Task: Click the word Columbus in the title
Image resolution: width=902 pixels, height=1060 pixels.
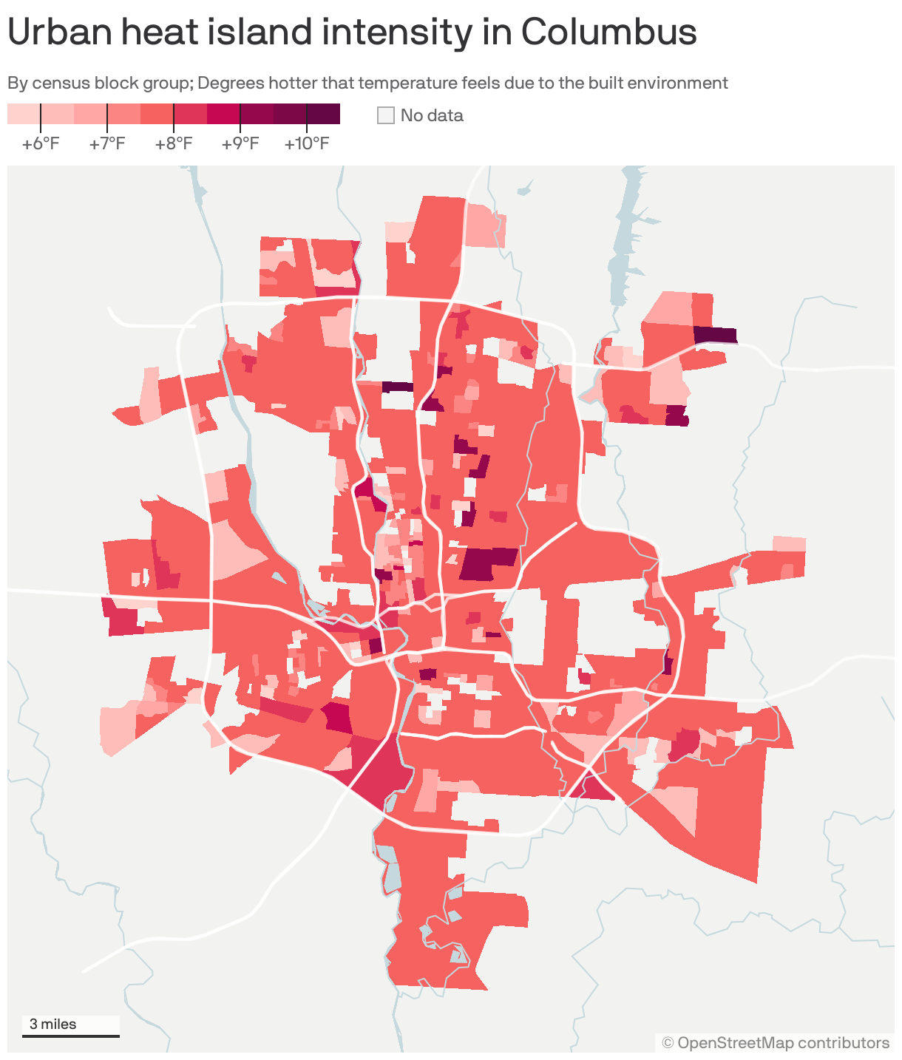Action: coord(608,33)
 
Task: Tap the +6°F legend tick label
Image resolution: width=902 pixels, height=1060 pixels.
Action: coord(41,143)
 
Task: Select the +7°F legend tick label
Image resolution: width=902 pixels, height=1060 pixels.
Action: coord(107,143)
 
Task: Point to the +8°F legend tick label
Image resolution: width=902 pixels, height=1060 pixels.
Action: coord(174,143)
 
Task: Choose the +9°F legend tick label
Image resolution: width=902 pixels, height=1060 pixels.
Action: coord(240,143)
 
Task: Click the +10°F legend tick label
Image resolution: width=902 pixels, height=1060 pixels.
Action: coord(307,143)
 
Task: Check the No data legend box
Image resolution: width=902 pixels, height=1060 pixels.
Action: coord(386,115)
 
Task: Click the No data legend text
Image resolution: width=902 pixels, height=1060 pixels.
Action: coord(432,115)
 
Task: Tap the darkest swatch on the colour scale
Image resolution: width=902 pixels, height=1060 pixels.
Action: coord(323,114)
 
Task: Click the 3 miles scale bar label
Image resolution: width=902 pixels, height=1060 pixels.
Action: coord(53,1025)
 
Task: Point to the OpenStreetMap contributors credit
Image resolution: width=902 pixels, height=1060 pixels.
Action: coord(776,1043)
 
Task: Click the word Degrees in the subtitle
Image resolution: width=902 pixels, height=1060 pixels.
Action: coord(228,83)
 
